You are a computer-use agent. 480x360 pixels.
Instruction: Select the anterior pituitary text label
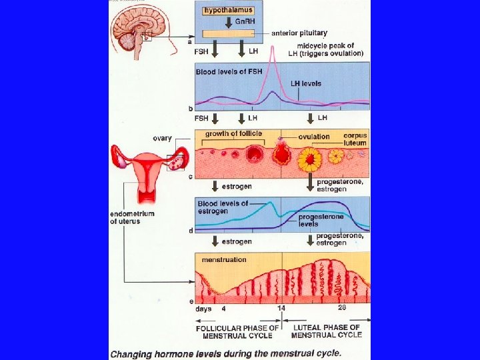click(x=297, y=33)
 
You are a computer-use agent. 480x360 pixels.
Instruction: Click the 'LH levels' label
click(x=306, y=83)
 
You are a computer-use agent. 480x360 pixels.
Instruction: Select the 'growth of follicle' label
click(x=233, y=133)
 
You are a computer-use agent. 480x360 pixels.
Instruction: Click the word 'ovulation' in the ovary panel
click(x=314, y=137)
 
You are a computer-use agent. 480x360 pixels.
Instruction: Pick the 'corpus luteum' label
click(x=355, y=139)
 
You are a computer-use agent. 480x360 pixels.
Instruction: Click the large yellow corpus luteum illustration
click(x=310, y=160)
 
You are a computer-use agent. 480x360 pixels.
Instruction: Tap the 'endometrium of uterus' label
click(x=132, y=217)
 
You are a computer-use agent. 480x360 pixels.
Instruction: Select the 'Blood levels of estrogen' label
click(x=223, y=207)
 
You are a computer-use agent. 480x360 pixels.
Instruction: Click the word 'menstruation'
click(x=225, y=259)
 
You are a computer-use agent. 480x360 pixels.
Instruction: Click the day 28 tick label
click(x=342, y=308)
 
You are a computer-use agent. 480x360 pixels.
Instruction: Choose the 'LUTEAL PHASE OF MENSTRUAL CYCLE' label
click(x=327, y=331)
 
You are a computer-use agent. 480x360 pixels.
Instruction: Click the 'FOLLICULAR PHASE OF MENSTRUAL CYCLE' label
click(x=237, y=331)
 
